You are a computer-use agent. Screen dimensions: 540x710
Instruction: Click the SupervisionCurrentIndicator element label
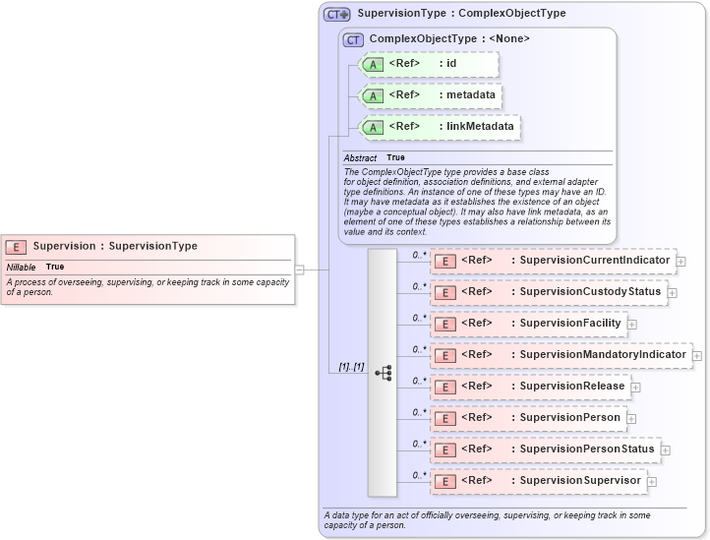pyautogui.click(x=594, y=261)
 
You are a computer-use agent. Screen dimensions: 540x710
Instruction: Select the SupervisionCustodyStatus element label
pyautogui.click(x=590, y=292)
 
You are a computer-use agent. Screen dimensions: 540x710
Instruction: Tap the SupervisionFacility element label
pyautogui.click(x=570, y=324)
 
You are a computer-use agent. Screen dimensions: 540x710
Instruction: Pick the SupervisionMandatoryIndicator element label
pyautogui.click(x=603, y=355)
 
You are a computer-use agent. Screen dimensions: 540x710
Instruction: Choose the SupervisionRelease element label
pyautogui.click(x=572, y=387)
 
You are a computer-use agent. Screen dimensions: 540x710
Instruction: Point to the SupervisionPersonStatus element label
pyautogui.click(x=587, y=450)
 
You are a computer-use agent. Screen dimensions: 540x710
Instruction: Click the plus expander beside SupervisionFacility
pyautogui.click(x=632, y=324)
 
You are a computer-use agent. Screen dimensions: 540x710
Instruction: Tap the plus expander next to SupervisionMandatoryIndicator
pyautogui.click(x=697, y=355)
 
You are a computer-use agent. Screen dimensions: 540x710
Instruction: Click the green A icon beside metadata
pyautogui.click(x=373, y=96)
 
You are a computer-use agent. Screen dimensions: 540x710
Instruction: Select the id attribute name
pyautogui.click(x=451, y=64)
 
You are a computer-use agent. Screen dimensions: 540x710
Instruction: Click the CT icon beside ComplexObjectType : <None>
pyautogui.click(x=354, y=39)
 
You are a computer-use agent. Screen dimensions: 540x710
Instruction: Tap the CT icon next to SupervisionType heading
pyautogui.click(x=337, y=15)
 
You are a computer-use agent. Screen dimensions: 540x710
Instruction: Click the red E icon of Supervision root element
pyautogui.click(x=16, y=247)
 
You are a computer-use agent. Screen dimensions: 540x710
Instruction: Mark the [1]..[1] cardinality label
pyautogui.click(x=351, y=367)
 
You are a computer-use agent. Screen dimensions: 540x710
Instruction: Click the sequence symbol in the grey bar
pyautogui.click(x=383, y=373)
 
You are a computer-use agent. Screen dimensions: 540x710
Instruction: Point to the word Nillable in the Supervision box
pyautogui.click(x=21, y=268)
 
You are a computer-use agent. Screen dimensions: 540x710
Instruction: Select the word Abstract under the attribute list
pyautogui.click(x=360, y=158)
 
